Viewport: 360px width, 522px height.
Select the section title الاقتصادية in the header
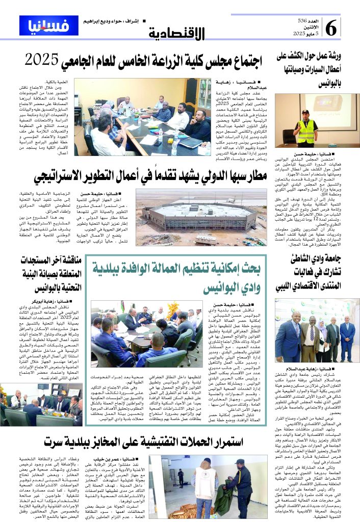178,34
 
